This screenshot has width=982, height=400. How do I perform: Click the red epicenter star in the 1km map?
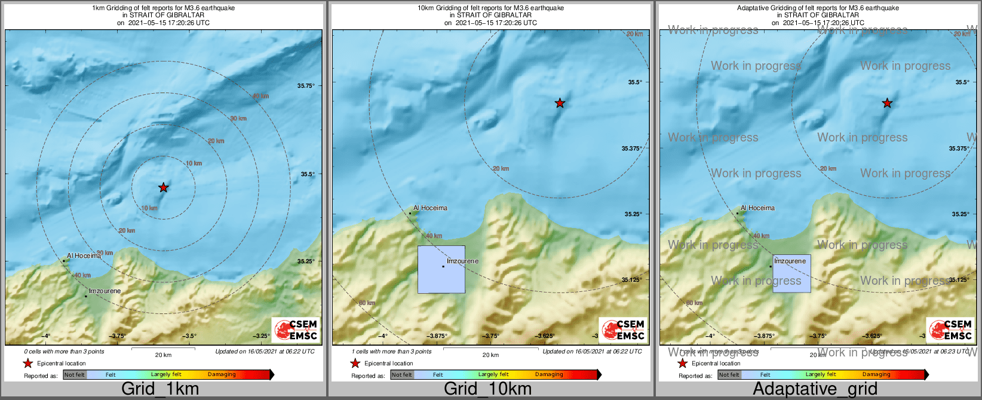pos(163,187)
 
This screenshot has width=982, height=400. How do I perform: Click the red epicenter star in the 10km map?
pos(560,103)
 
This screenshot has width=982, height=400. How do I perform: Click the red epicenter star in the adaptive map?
pos(887,103)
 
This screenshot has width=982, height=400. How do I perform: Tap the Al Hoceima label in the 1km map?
pos(84,256)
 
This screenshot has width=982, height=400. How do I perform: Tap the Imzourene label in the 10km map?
pos(462,261)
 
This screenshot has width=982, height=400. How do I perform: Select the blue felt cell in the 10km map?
pos(441,269)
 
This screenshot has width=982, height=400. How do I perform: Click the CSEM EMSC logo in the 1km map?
pos(296,330)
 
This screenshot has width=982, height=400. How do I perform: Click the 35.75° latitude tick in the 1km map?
pos(306,86)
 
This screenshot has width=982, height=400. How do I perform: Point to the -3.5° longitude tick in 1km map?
pos(190,336)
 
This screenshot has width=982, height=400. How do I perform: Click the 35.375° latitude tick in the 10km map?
pos(631,149)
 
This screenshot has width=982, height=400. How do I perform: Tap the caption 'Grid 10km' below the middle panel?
pos(487,389)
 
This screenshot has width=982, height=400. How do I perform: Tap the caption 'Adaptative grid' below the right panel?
pos(815,389)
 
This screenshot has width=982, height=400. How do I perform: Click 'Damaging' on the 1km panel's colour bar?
pos(222,374)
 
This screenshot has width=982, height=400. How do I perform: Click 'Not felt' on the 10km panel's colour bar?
pos(402,374)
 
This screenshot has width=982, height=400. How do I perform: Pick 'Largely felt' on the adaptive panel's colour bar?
pos(821,374)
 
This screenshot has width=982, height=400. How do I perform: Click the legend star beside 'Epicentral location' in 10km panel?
pos(355,363)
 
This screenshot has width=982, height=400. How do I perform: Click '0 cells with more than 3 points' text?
pos(64,352)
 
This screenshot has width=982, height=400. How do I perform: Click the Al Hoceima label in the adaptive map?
pos(757,208)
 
